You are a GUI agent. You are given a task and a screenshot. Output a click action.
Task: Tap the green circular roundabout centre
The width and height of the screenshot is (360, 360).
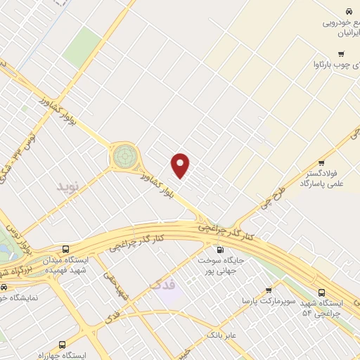pos(124,155)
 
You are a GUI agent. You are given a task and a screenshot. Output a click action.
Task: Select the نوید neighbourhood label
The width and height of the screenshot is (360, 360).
pos(70,187)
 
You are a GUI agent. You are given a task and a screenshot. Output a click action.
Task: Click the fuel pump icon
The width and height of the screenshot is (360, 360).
pos(220,250)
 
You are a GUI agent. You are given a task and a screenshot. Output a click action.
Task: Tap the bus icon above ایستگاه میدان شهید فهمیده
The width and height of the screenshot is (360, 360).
pos(65,249)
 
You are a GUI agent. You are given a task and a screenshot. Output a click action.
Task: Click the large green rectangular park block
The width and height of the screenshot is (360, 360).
pos(82,47)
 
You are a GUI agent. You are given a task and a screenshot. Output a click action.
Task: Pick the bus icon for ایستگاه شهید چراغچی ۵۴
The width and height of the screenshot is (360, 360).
pos(322,292)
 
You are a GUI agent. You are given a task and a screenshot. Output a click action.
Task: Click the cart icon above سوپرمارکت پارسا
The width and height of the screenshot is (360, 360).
pos(269,290)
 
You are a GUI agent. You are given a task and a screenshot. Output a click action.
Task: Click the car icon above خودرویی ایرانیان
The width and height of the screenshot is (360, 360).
pos(348,11)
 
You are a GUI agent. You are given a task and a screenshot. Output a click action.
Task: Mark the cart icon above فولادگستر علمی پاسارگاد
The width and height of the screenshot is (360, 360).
pos(321,162)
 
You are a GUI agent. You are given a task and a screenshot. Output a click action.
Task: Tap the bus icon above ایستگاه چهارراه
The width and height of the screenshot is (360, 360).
pos(63,345)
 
